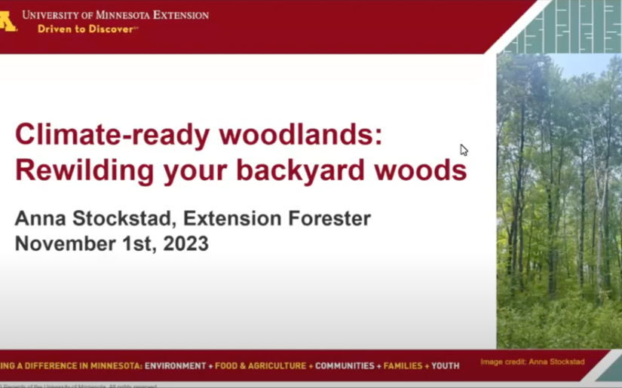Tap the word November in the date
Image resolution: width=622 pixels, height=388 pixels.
coord(61,244)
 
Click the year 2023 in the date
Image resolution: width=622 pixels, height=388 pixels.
coord(184,244)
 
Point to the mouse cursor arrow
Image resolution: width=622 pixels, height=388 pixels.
coord(464,149)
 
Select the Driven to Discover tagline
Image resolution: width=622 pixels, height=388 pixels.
coord(87,29)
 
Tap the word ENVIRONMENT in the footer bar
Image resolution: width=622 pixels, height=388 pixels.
coord(175,366)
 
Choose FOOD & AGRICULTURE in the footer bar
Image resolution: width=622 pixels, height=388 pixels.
coord(261,366)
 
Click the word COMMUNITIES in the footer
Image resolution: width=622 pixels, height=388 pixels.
coord(345,366)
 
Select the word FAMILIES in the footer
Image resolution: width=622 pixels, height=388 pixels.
coord(403,366)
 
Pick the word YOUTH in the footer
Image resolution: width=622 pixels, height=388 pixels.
coord(445,366)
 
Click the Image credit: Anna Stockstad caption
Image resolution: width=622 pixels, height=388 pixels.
coord(532,362)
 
